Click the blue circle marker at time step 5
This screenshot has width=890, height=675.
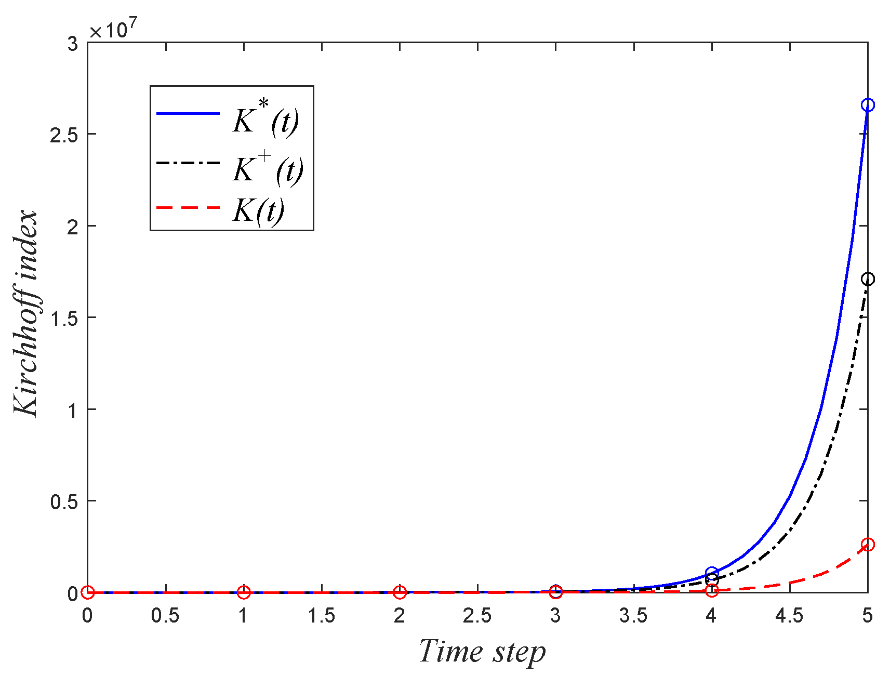[x=867, y=105]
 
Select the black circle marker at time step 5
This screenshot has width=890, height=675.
[x=867, y=280]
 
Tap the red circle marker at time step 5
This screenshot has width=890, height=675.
[x=867, y=545]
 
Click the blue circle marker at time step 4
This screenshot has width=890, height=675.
[x=712, y=573]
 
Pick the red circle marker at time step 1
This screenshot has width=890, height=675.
[x=244, y=592]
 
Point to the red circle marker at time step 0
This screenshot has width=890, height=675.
[x=88, y=592]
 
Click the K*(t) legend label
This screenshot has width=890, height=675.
[x=265, y=118]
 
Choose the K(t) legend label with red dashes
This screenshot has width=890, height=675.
[x=258, y=210]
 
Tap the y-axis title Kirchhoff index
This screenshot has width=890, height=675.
[x=26, y=313]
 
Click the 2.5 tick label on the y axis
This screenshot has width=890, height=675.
[x=63, y=135]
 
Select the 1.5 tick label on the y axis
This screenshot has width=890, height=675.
[x=63, y=318]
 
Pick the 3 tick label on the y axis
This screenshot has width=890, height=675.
[x=72, y=44]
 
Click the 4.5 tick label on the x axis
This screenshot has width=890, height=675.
[x=789, y=616]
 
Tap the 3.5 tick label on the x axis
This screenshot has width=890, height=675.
[x=633, y=616]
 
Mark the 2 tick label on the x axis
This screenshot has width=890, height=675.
[x=400, y=616]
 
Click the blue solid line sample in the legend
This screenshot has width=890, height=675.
[x=188, y=113]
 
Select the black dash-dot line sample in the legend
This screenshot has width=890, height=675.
[x=188, y=163]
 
